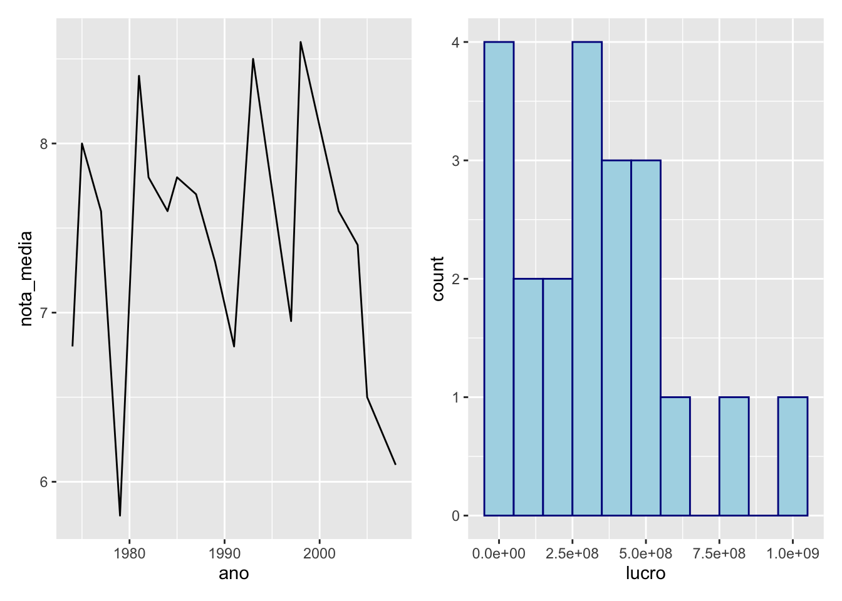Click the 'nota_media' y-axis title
(26, 279)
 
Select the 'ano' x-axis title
(234, 573)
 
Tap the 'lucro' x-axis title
(645, 573)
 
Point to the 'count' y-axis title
(438, 279)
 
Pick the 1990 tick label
(224, 553)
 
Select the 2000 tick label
(320, 553)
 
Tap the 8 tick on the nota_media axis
(44, 144)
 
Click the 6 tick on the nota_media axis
(44, 482)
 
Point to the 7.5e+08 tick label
(719, 553)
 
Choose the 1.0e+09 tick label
(793, 553)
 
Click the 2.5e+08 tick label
(572, 553)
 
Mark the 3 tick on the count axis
(455, 161)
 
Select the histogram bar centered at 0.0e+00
(499, 279)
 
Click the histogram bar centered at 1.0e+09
(793, 456)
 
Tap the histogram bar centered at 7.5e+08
(734, 456)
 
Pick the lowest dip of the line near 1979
(120, 515)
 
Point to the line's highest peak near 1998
(301, 42)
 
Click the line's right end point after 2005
(395, 464)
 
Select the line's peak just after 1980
(138, 76)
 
